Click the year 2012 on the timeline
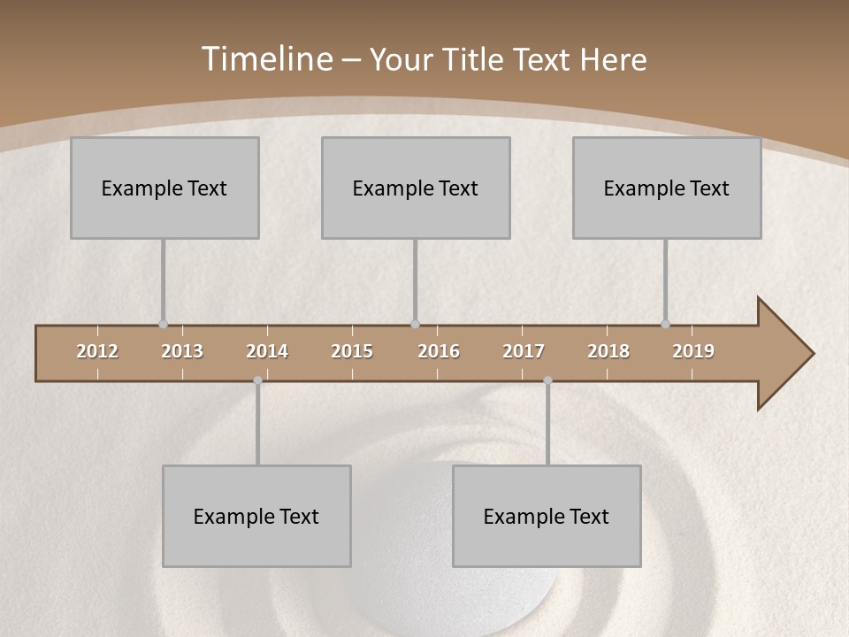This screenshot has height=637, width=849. tap(97, 351)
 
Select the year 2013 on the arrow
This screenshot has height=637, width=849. tap(182, 351)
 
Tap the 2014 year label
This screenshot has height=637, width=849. tap(267, 351)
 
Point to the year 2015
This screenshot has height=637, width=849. tap(352, 351)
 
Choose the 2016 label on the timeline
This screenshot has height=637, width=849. tap(439, 351)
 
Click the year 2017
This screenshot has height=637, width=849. tap(524, 351)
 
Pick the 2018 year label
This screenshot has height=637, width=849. tap(608, 351)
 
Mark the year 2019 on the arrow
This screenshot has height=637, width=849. tap(693, 351)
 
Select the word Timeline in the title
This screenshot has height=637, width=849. tap(266, 59)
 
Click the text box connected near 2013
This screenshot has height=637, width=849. tap(164, 188)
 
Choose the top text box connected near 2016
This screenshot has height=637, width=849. tap(416, 188)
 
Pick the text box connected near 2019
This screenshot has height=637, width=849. tap(667, 188)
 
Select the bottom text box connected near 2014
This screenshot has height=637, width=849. tap(256, 516)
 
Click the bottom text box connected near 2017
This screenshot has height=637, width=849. tap(547, 516)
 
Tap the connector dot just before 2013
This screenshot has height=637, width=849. tap(163, 324)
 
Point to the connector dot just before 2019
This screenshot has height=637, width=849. tap(665, 324)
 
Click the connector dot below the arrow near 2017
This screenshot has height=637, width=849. tap(547, 380)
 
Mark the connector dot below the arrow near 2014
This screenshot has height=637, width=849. tap(257, 380)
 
